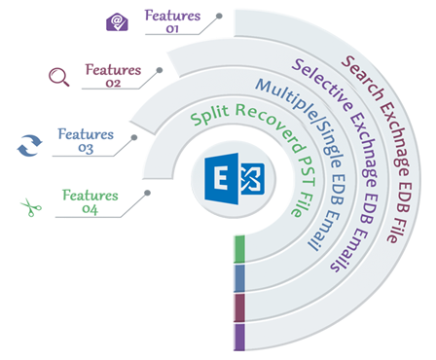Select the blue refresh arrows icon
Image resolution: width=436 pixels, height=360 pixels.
(x=29, y=144)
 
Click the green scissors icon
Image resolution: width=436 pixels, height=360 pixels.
(x=31, y=206)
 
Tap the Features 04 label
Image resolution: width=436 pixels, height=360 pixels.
(x=90, y=201)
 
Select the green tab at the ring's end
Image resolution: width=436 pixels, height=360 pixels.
(x=238, y=250)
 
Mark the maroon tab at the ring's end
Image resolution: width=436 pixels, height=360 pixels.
(x=238, y=307)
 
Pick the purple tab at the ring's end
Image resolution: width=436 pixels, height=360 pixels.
(x=238, y=337)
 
